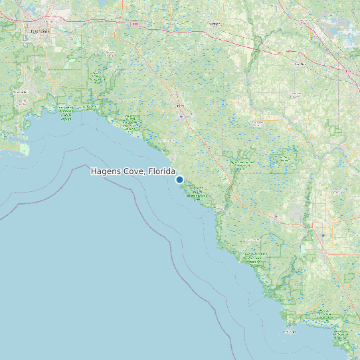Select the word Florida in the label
coord(162,171)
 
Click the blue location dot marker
coord(179,179)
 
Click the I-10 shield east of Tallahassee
coord(135,25)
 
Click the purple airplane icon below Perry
coord(179,117)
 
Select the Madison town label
coord(213,23)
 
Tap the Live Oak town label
coord(300,64)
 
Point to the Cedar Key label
coord(290,331)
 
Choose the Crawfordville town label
coord(23,92)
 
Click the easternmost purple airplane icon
coord(323,234)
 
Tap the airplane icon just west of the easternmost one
coord(276,216)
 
